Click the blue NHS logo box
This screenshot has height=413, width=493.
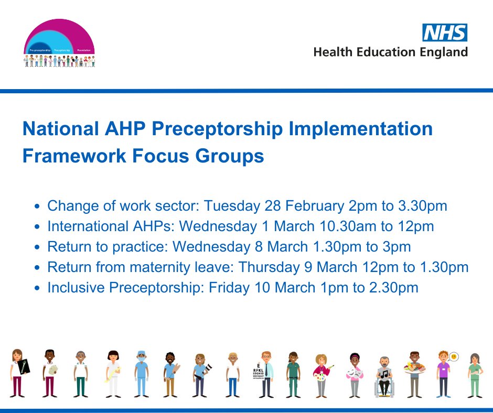pyautogui.click(x=445, y=32)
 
